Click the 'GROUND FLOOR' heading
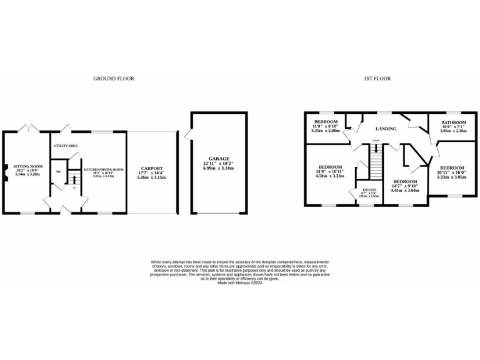pyautogui.click(x=114, y=79)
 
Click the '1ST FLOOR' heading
pyautogui.click(x=377, y=79)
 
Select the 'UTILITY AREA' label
pyautogui.click(x=65, y=145)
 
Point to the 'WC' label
pyautogui.click(x=58, y=171)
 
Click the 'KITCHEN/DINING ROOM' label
pyautogui.click(x=104, y=169)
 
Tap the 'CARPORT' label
pyautogui.click(x=151, y=168)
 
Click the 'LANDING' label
pyautogui.click(x=386, y=129)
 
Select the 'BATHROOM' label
pyautogui.click(x=454, y=122)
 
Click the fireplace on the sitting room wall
pyautogui.click(x=5, y=171)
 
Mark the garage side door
pyautogui.click(x=189, y=133)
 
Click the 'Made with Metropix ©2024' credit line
pyautogui.click(x=240, y=283)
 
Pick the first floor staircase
pyautogui.click(x=375, y=162)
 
